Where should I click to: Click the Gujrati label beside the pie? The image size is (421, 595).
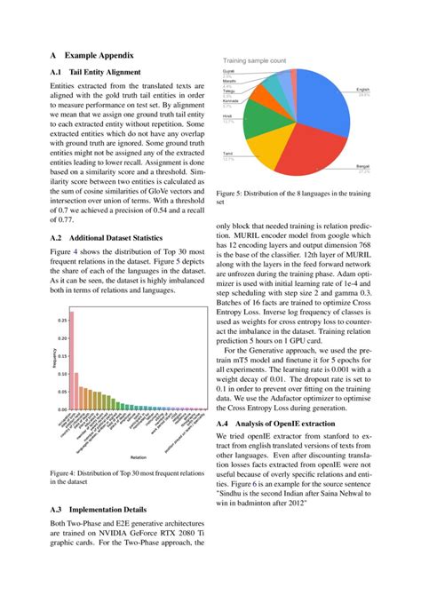pyautogui.click(x=228, y=76)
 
